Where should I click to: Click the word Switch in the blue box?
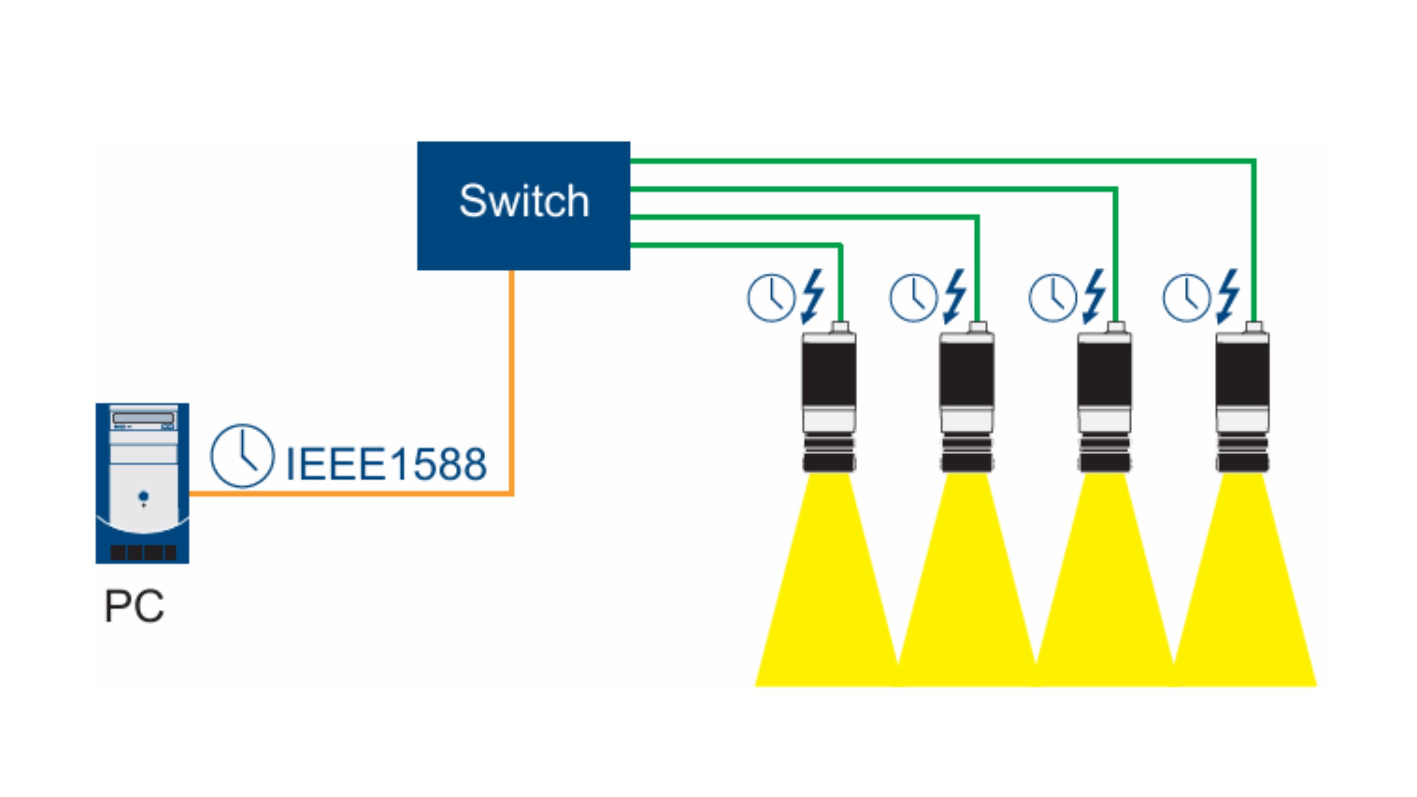coord(524,201)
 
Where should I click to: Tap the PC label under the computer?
coord(134,606)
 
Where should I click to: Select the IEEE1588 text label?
coord(386,464)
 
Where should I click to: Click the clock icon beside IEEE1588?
coord(242,456)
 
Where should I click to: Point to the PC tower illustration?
coord(143,483)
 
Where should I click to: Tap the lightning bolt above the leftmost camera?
coord(812,296)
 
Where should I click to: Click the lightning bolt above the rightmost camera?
coord(1228,296)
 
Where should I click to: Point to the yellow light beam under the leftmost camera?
coord(828,605)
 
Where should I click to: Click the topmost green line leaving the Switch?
coord(935,161)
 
